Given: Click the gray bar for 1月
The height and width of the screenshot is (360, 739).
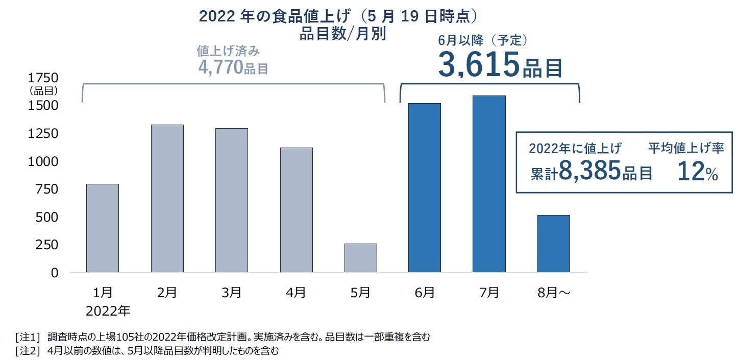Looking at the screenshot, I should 103,228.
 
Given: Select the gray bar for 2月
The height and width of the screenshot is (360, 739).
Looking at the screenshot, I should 167,199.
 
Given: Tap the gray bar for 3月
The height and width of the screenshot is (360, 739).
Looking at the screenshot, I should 232,200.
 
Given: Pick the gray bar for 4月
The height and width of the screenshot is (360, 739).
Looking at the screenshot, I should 296,210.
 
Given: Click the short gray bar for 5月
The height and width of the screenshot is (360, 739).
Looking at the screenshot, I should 361,258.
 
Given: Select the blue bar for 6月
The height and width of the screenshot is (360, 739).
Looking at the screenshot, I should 425,188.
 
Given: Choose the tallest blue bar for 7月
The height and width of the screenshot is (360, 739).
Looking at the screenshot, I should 489,184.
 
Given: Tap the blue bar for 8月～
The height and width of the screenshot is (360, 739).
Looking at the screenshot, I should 554,244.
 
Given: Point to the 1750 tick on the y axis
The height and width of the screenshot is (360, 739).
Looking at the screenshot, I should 43,78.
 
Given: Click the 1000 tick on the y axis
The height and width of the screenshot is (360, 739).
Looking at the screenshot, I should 43,161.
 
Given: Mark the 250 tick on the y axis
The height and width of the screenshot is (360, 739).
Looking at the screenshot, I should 43,245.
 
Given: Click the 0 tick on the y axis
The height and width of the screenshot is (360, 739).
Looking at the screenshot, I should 54,273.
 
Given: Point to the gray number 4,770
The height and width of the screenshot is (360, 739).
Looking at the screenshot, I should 220,67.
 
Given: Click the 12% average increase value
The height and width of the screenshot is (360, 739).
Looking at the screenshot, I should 697,173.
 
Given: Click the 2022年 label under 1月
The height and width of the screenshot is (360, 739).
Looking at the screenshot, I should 108,310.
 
